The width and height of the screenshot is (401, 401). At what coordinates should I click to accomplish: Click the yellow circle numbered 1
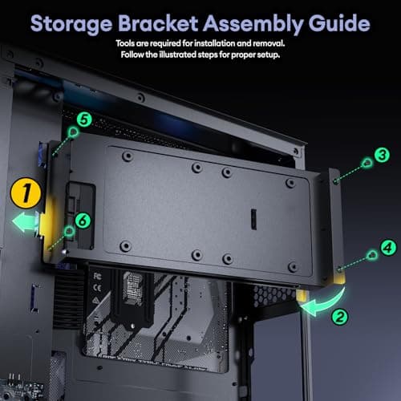coord(26,193)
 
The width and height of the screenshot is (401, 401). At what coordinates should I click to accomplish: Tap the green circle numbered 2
coord(339,317)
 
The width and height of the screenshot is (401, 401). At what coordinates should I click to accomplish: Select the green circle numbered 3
coord(382,155)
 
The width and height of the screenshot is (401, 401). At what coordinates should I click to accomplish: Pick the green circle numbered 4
coord(388,248)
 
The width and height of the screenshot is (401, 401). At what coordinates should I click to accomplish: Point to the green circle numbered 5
coord(84,119)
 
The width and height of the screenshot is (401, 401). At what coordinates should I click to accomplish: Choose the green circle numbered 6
coord(83,221)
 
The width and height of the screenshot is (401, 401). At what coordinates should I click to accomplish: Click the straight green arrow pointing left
coord(26,221)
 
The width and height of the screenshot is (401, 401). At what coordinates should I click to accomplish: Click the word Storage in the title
coord(71,25)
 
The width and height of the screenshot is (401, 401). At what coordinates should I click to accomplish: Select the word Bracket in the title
coord(158,23)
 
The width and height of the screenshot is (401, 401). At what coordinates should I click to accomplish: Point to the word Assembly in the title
coord(253,25)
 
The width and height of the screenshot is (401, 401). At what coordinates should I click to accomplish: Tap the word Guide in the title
coord(339,23)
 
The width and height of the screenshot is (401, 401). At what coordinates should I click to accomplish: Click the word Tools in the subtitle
coord(125,43)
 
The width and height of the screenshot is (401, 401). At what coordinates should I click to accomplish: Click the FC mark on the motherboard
coord(97,276)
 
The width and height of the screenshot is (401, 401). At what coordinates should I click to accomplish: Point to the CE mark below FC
coord(97,288)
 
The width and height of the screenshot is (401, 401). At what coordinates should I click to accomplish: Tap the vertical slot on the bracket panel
coord(253,219)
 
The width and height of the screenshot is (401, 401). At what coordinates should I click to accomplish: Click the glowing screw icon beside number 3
coord(367,163)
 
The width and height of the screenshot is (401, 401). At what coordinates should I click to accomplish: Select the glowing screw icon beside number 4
coord(371,255)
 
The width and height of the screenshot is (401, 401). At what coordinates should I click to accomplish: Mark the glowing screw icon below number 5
coord(73,132)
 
